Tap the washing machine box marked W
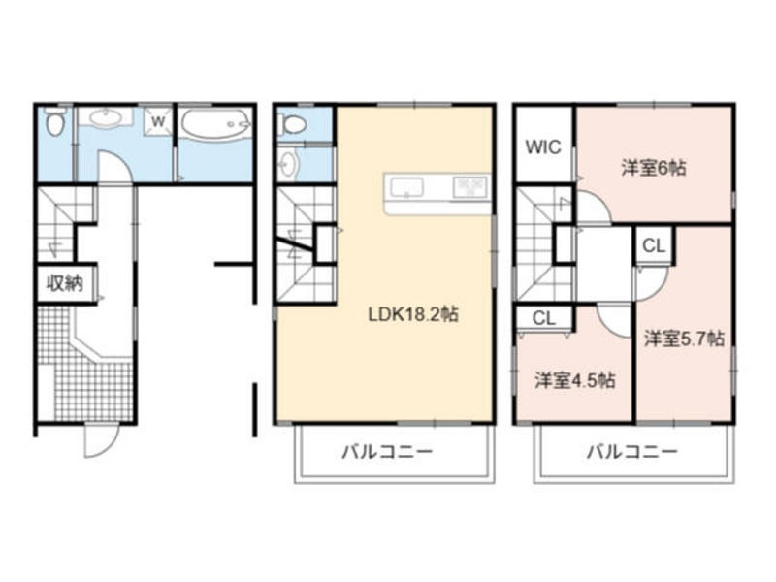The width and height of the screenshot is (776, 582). [x=158, y=121]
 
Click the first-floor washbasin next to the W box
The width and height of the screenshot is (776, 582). [x=106, y=118]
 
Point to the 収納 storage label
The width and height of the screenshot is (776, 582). [x=64, y=283]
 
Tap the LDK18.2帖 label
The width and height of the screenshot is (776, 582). [x=413, y=314]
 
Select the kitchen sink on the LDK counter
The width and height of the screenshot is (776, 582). [x=406, y=187]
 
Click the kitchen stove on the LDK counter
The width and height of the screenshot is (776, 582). [x=470, y=187]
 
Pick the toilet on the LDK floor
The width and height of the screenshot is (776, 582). [x=293, y=124]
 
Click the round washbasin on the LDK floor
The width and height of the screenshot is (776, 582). [x=287, y=163]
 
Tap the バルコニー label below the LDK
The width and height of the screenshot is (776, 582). [x=387, y=451]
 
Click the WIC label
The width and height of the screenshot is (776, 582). [x=543, y=147]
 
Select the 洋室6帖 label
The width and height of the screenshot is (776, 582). [x=654, y=168]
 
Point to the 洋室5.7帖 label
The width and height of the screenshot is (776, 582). [x=684, y=339]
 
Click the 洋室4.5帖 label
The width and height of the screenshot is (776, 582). [x=575, y=380]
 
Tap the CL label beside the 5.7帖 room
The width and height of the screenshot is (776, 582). [x=653, y=245]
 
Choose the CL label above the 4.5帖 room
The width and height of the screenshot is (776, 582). [x=544, y=318]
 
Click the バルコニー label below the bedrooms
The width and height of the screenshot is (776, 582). [x=631, y=451]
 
